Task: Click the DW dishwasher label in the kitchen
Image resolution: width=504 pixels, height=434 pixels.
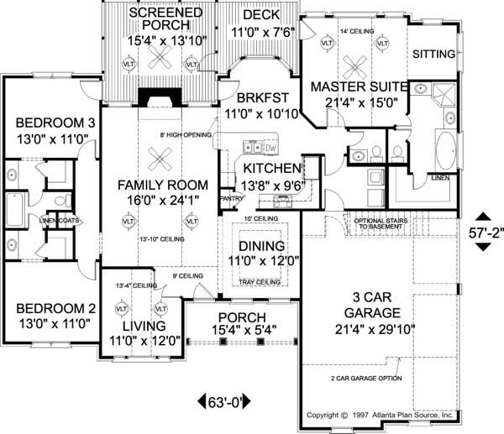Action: pyautogui.click(x=270, y=148)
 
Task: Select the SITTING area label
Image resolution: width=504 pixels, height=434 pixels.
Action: pyautogui.click(x=434, y=54)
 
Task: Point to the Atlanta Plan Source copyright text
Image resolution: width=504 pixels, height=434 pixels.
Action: pyautogui.click(x=380, y=415)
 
